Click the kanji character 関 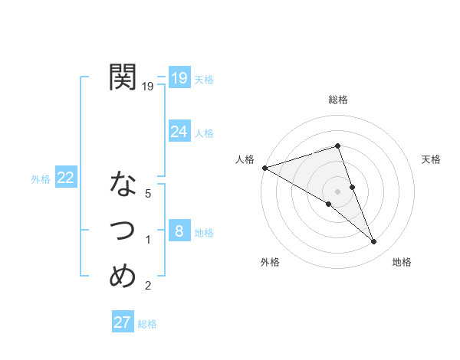coord(123,78)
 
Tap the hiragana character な coord(123,185)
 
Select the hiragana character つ coord(123,230)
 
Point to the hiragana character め coord(123,275)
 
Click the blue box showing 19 coord(179,77)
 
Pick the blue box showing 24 coord(179,132)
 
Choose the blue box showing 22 coord(66,178)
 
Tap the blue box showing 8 coord(179,231)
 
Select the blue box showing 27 coord(123,322)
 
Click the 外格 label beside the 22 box coord(41,179)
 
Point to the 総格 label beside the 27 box coord(147,324)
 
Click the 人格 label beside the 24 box coord(204,133)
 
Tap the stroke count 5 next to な coord(148,194)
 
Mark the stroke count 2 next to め coord(148,286)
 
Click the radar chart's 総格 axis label coord(338,100)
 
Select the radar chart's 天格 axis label coord(432,159)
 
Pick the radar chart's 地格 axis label coord(402,262)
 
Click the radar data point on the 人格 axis coord(264,167)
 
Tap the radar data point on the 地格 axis coord(374,242)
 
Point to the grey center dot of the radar coord(338,191)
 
